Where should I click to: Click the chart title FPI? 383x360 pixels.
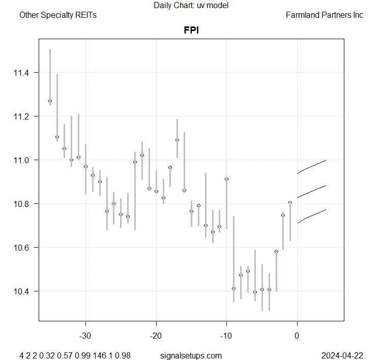point(191,30)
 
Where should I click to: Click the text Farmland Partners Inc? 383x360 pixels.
point(325,15)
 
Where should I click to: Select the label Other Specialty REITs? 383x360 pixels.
point(58,15)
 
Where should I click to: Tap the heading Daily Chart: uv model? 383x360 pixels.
point(191,6)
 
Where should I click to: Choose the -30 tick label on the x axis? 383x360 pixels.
point(85,336)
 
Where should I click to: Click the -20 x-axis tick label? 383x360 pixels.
point(156,336)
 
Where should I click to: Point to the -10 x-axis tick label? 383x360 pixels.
point(226,336)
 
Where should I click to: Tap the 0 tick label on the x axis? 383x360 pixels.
point(297,336)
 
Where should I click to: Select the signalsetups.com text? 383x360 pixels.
point(191,355)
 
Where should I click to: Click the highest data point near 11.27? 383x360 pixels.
point(50,101)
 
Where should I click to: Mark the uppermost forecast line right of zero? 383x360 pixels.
point(311,166)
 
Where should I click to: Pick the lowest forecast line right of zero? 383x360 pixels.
point(311,216)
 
